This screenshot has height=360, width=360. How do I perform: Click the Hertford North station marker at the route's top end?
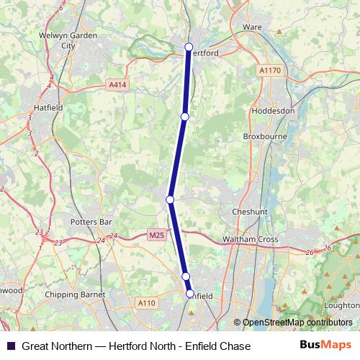click(189, 47)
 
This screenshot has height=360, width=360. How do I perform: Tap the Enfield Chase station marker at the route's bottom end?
click(190, 294)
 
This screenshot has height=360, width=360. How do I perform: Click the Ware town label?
click(252, 27)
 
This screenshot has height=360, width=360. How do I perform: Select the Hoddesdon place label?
click(274, 112)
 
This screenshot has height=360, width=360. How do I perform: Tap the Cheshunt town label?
click(250, 212)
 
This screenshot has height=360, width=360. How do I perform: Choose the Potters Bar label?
click(89, 222)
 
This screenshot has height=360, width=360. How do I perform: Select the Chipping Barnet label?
click(75, 294)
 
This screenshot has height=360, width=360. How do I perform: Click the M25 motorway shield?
click(156, 235)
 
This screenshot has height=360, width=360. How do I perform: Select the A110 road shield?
click(146, 303)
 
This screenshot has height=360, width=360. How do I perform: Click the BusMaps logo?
click(325, 346)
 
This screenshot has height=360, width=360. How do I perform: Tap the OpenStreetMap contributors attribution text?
click(297, 323)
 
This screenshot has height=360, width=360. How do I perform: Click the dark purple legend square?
click(10, 346)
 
